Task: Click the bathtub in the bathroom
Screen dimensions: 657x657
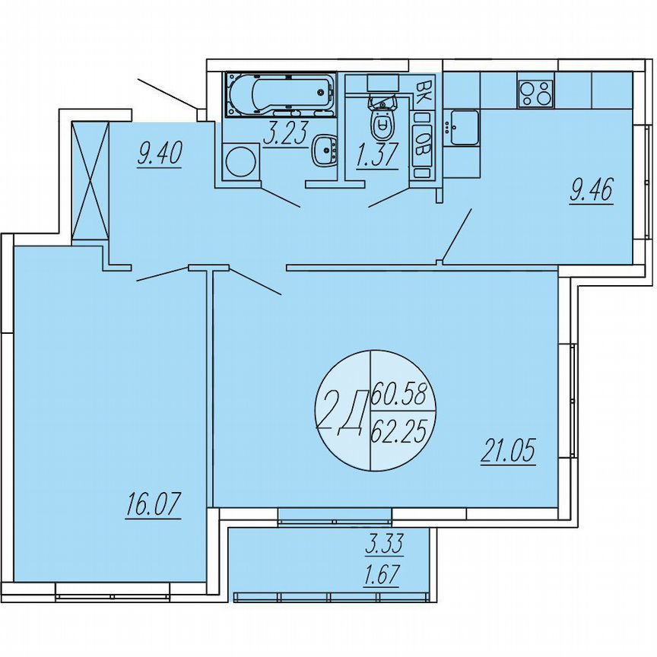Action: coord(279,95)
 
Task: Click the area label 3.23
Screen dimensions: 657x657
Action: coord(284,134)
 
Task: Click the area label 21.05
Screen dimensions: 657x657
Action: coord(507,452)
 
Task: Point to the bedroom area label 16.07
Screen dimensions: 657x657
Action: coord(154,506)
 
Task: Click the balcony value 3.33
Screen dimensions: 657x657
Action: coord(384,544)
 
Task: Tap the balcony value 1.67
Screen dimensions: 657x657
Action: coord(384,571)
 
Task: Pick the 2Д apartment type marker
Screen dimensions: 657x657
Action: coord(341,414)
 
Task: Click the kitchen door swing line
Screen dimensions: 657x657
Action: coord(458,235)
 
